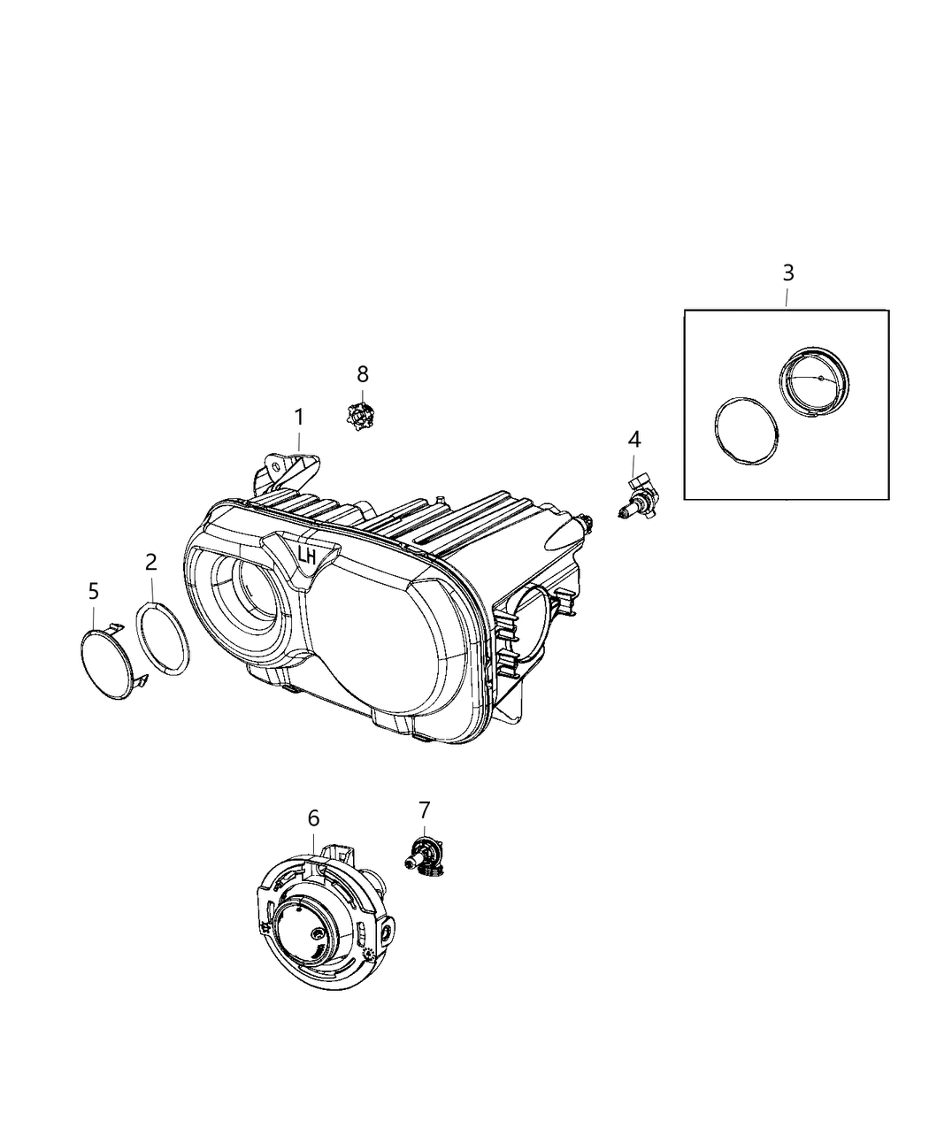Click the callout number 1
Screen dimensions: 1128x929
pos(299,417)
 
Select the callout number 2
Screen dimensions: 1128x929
pos(151,561)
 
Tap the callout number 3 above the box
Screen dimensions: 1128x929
pos(787,272)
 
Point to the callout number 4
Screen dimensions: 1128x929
pos(634,440)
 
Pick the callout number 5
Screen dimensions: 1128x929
pos(94,591)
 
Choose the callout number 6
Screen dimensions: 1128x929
pos(313,818)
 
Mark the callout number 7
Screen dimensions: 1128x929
pos(424,809)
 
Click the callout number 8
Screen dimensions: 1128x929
pos(362,373)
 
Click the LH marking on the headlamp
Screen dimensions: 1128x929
pos(307,557)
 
